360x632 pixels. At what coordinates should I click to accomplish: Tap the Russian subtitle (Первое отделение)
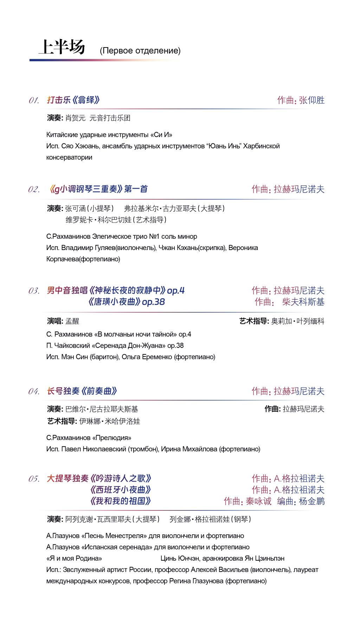pyautogui.click(x=140, y=51)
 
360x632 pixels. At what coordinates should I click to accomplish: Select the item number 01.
pyautogui.click(x=34, y=101)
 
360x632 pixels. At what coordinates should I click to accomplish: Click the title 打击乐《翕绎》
pyautogui.click(x=73, y=100)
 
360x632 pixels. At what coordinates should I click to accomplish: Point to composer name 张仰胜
pyautogui.click(x=312, y=100)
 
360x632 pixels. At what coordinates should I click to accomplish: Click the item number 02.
pyautogui.click(x=34, y=190)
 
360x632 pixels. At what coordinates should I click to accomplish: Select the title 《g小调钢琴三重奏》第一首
pyautogui.click(x=99, y=189)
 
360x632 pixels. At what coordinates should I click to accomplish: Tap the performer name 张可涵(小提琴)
pyautogui.click(x=89, y=209)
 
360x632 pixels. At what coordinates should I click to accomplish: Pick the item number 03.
pyautogui.click(x=34, y=291)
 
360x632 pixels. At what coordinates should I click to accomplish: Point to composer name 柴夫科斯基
pyautogui.click(x=303, y=302)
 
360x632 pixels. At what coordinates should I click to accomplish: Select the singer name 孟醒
pyautogui.click(x=72, y=321)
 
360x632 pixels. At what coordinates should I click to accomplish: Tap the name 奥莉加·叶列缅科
pyautogui.click(x=298, y=321)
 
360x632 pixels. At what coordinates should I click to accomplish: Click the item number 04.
pyautogui.click(x=34, y=391)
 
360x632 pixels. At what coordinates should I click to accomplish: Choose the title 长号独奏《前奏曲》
pyautogui.click(x=82, y=391)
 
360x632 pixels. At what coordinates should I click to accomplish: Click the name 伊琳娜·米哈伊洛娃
pyautogui.click(x=110, y=421)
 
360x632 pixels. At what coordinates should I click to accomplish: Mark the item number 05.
pyautogui.click(x=34, y=479)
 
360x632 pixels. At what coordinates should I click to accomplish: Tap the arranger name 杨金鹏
pyautogui.click(x=311, y=501)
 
